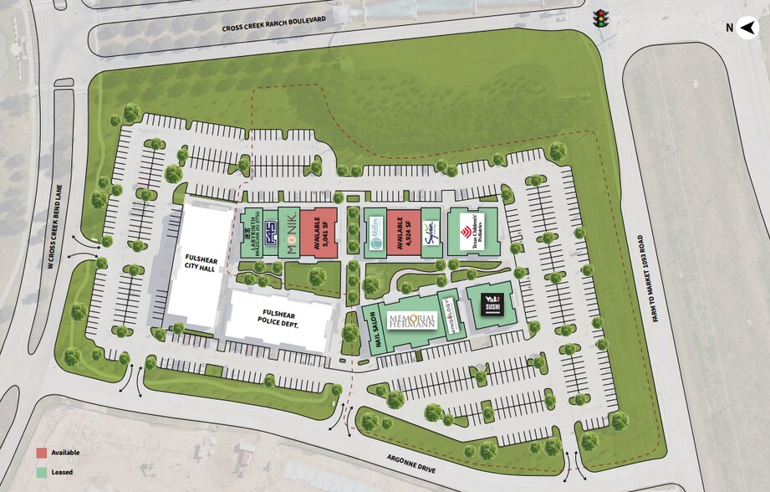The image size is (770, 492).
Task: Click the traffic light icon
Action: (599, 18)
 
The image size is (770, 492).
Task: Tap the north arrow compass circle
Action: (749, 26)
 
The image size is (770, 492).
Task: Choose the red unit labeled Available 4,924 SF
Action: (403, 232)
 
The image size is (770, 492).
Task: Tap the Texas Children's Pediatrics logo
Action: (472, 230)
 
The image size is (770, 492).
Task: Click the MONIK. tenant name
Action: (288, 231)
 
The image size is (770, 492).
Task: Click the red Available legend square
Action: (41, 453)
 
